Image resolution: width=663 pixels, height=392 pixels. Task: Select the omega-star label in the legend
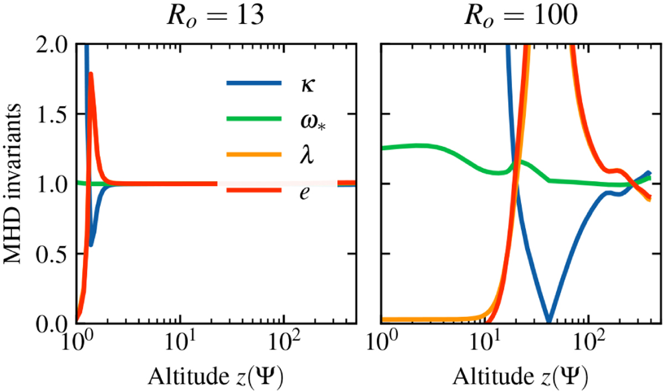[304, 121]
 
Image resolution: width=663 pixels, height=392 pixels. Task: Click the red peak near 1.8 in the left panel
[91, 73]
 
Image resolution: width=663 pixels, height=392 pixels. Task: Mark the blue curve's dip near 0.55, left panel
[92, 245]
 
